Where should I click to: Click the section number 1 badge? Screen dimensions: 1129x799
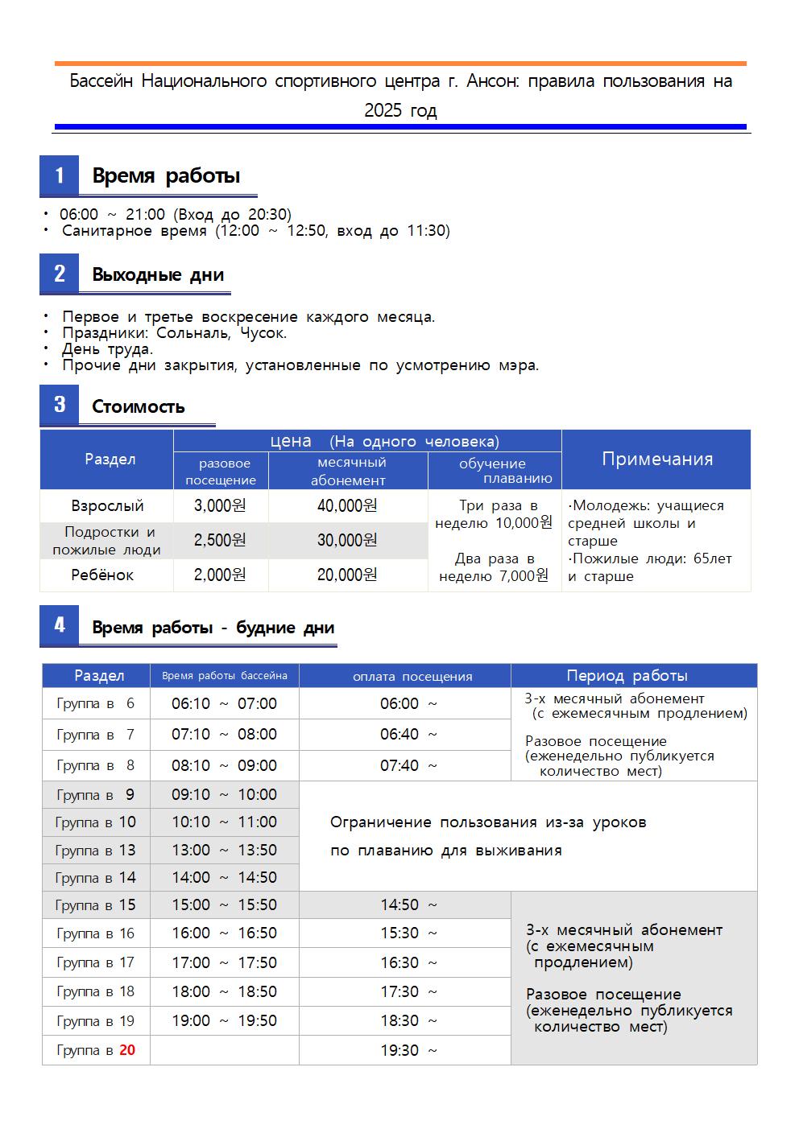click(60, 175)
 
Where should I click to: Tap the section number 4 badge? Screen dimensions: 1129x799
click(60, 625)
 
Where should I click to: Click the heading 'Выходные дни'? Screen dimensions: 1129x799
click(158, 274)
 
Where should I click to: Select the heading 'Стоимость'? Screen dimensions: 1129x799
click(139, 406)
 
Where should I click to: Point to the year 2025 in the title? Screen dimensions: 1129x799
click(382, 110)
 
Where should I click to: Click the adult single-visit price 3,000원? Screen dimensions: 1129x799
click(220, 506)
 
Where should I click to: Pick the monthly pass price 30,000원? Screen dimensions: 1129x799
click(347, 540)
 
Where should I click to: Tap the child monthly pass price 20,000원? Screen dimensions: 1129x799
click(347, 575)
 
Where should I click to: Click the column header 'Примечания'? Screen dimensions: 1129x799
click(657, 459)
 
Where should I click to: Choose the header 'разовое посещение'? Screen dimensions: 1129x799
click(221, 472)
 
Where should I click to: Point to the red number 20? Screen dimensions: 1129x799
click(127, 1050)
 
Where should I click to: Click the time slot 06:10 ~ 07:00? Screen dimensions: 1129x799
click(224, 703)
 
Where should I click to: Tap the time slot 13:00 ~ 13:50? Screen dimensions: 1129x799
click(224, 850)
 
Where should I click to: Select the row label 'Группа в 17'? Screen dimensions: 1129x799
click(96, 962)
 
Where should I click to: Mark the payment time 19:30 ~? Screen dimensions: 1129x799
click(409, 1050)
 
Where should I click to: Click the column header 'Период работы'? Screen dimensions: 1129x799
click(627, 675)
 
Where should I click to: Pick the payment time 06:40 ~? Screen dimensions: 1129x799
click(409, 734)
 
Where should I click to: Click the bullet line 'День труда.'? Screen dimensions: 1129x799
click(107, 349)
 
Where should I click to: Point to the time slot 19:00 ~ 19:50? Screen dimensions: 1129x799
click(224, 1020)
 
